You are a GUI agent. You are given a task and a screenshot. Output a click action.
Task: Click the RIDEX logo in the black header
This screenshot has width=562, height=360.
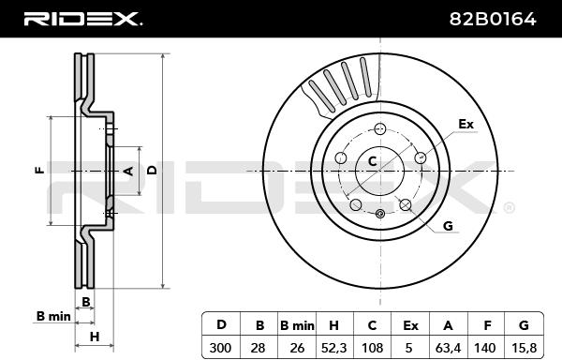point(83,19)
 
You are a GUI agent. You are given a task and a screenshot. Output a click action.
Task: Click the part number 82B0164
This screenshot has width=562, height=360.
point(493,19)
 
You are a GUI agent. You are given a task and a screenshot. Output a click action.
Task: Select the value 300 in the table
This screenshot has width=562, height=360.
point(220,348)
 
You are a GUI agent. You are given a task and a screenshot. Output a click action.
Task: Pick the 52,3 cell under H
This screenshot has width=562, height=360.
point(333,348)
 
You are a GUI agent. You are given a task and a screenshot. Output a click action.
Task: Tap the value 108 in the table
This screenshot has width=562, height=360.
point(372,348)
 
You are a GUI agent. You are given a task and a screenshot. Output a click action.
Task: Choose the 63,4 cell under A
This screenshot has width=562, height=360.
point(448,348)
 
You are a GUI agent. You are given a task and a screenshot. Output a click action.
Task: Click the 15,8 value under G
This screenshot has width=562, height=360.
point(524,348)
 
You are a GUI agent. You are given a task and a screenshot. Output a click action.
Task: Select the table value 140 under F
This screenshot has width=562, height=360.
point(485,348)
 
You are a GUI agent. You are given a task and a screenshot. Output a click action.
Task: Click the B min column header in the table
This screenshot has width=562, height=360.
point(297,325)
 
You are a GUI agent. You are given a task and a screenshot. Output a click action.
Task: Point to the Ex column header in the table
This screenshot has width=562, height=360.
point(410,325)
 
